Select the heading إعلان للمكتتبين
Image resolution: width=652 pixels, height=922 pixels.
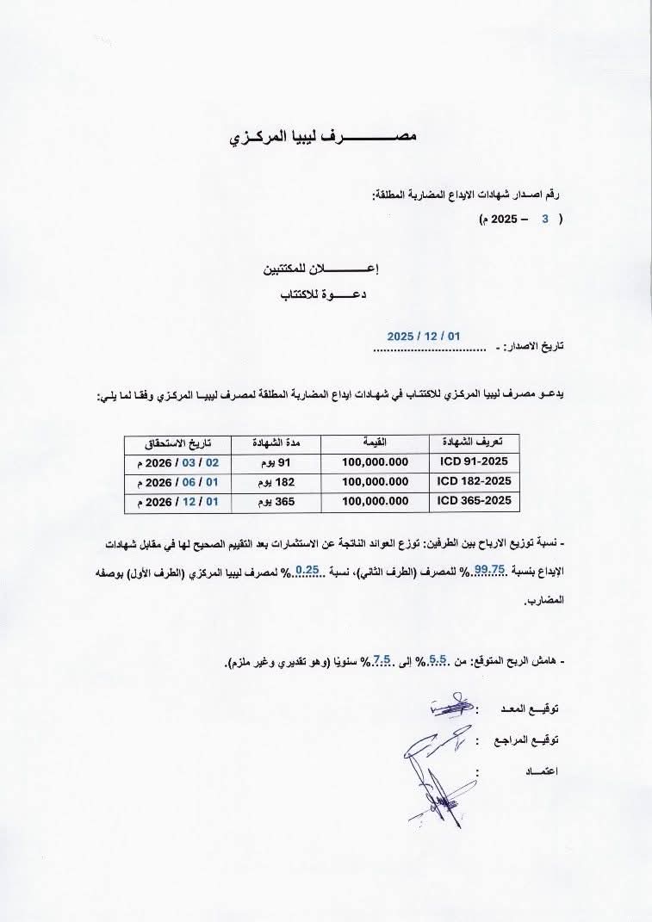pos(321,269)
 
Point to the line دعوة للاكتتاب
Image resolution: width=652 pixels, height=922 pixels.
pos(326,294)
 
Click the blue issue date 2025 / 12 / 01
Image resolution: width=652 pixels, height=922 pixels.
pos(424,336)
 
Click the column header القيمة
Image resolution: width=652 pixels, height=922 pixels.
pos(375,442)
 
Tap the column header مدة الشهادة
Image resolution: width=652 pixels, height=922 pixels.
pos(274,442)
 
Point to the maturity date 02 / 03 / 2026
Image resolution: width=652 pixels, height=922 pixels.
pos(178,461)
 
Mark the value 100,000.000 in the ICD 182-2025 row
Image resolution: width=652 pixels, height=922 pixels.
pos(375,481)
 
